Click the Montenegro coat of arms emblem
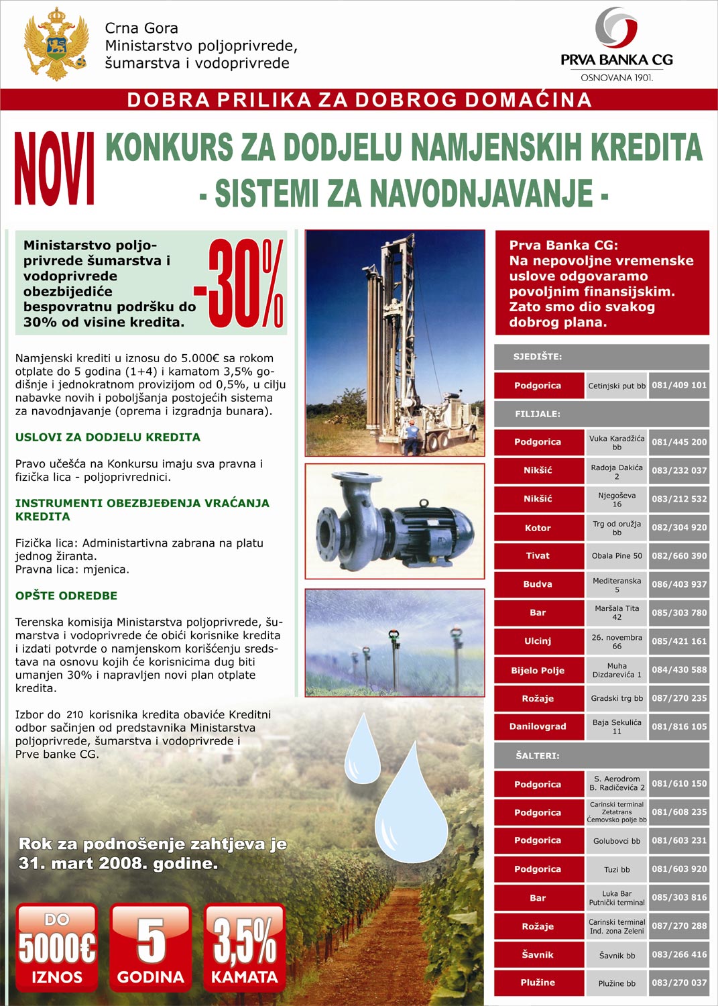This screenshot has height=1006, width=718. tap(56, 44)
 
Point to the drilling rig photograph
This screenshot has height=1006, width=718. tap(395, 343)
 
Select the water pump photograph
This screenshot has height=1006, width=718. tap(395, 521)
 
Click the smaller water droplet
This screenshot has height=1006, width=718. tap(362, 750)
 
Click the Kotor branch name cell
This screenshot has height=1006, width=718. tap(538, 528)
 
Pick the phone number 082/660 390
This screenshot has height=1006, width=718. tap(679, 556)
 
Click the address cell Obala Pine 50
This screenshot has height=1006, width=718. tap(617, 556)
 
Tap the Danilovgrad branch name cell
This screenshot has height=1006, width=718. tap(538, 726)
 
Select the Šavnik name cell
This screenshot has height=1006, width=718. tap(538, 954)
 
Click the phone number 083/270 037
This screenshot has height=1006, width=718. tap(679, 983)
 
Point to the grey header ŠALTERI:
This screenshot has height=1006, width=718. tap(601, 755)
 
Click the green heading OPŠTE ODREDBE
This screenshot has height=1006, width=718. tap(66, 596)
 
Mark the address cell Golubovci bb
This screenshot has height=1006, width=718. tap(617, 841)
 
